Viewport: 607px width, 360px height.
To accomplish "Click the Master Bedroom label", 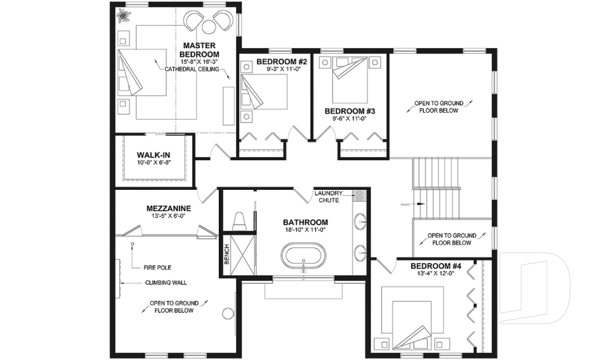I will coord(200,50).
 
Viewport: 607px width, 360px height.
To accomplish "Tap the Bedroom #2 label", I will coord(282,61).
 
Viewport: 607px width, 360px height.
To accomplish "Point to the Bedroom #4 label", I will coord(436,266).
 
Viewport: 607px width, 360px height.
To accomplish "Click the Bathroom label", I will coord(305,222).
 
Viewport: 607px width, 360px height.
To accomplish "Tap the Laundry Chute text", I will coord(329,196).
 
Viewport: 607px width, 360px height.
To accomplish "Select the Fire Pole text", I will coord(158,267).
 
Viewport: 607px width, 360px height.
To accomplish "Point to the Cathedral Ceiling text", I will coord(192,69).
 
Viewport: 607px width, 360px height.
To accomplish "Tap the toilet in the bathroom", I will coord(240,221).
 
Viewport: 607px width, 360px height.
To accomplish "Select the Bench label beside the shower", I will coord(227,256).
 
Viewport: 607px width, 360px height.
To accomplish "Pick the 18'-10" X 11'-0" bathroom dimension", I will coord(305,231).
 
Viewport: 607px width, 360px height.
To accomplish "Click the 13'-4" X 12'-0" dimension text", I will coord(436,274).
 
